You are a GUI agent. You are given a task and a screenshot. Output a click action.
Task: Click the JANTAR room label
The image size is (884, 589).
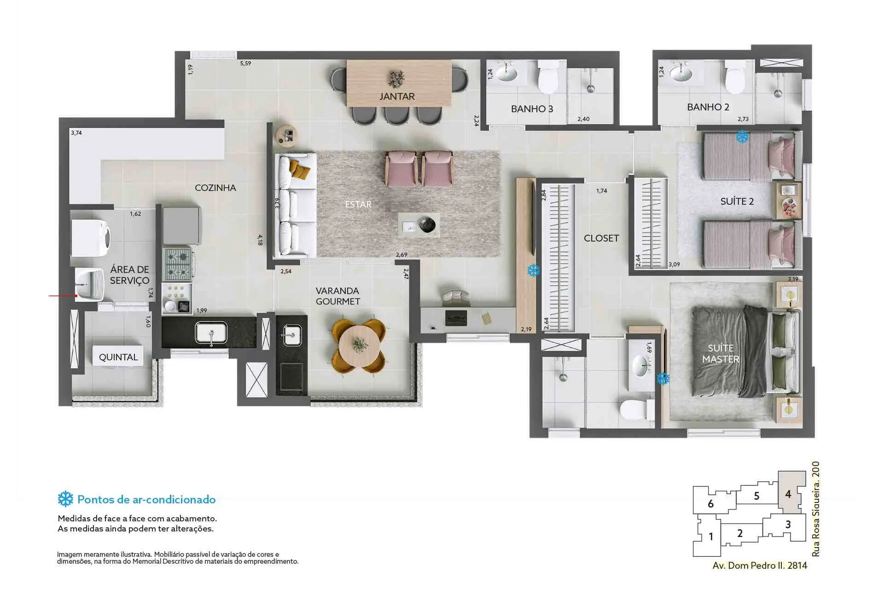point(397,97)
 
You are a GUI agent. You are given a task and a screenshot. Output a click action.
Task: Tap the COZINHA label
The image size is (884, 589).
point(215,188)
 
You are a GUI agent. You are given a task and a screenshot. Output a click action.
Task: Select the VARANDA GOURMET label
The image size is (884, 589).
point(337,296)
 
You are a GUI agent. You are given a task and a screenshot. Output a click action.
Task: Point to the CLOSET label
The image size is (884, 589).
point(601,238)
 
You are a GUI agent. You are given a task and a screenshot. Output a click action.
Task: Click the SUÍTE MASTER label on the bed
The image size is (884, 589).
point(721,353)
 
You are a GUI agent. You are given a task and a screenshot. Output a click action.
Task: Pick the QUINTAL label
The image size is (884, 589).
point(118,357)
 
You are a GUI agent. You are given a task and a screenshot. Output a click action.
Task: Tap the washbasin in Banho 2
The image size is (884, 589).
point(681,73)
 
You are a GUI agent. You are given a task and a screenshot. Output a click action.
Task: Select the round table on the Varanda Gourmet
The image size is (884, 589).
point(360,346)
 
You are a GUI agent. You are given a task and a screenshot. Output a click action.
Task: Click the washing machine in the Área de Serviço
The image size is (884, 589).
point(90,238)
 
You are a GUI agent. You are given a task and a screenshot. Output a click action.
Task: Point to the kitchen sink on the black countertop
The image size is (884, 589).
point(211,332)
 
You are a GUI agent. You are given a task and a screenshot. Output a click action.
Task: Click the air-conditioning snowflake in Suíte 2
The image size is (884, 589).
point(742,137)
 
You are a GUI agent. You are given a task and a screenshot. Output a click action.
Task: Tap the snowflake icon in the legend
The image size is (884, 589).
point(65,499)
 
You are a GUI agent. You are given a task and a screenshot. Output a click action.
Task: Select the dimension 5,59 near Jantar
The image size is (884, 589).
point(245,64)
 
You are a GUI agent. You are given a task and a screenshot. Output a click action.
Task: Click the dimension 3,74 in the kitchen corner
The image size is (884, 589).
point(76,133)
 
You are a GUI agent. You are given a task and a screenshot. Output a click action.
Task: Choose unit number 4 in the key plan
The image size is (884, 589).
point(788,494)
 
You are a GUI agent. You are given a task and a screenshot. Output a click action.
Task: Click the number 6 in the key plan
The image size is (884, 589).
point(710,504)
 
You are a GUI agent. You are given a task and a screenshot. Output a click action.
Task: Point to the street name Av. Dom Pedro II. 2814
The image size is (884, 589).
point(760,566)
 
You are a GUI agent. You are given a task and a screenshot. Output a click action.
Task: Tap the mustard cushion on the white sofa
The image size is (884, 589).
point(300,170)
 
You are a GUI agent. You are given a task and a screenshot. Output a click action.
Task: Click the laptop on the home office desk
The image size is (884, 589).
point(456,318)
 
